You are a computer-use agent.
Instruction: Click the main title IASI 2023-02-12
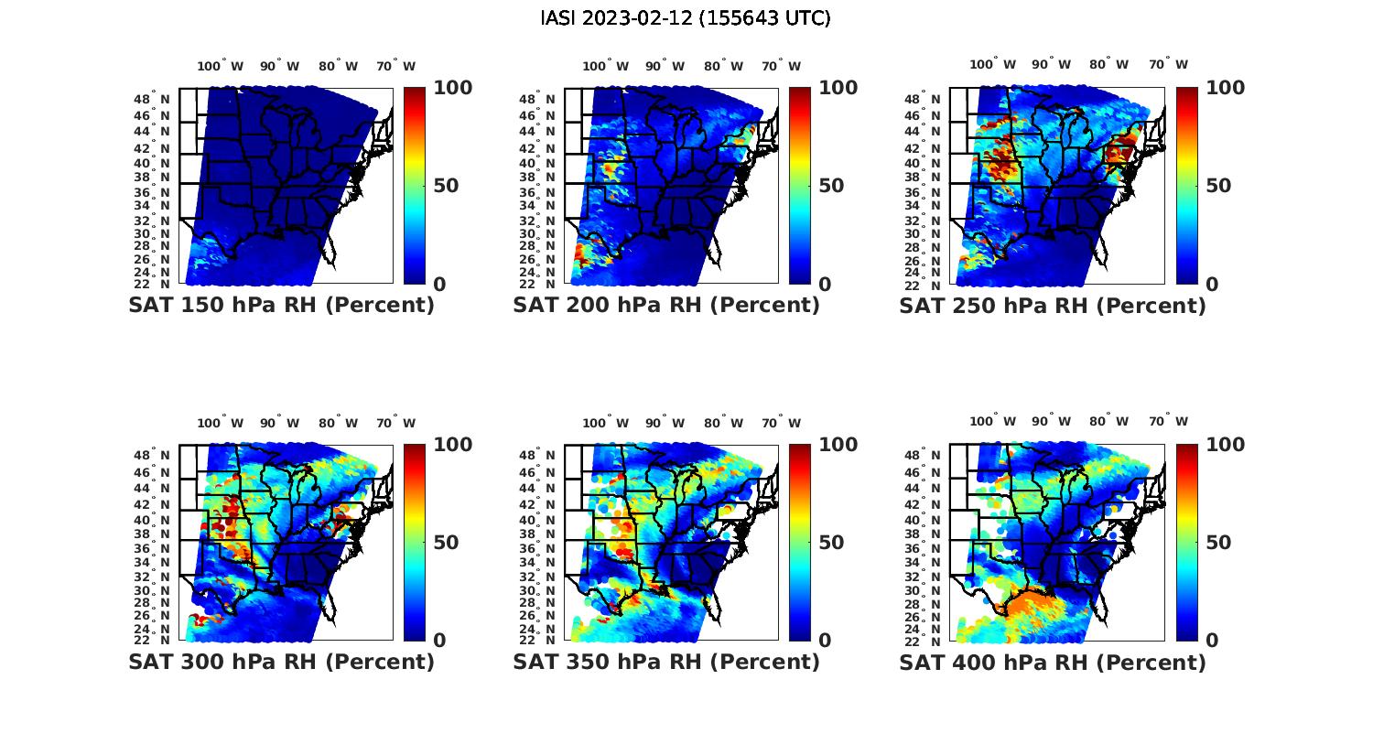[686, 18]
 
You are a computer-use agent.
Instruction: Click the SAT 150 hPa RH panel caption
[281, 306]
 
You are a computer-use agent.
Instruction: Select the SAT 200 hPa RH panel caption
[666, 306]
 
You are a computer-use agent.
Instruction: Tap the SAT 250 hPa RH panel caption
[1053, 306]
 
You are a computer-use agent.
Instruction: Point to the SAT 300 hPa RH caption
[281, 662]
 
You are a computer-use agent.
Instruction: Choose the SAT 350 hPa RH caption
[666, 662]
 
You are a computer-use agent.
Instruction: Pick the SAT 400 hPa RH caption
[1053, 662]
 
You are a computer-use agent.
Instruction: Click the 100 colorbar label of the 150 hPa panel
[452, 88]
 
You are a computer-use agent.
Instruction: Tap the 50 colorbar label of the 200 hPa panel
[831, 186]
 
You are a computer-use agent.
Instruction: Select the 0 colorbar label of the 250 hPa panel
[1212, 285]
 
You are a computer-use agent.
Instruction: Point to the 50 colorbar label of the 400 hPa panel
[1218, 543]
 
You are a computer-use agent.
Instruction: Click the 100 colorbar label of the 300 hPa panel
[452, 445]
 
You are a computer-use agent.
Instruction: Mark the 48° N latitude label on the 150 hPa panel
[151, 99]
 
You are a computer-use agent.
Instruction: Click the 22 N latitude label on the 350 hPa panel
[536, 640]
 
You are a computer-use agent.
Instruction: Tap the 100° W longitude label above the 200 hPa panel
[605, 66]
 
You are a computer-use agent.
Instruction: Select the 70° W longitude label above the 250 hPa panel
[1168, 64]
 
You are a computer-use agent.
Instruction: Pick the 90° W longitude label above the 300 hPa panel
[279, 423]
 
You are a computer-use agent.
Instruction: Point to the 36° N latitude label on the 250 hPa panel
[922, 192]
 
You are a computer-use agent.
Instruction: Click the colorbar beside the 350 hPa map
[800, 542]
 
